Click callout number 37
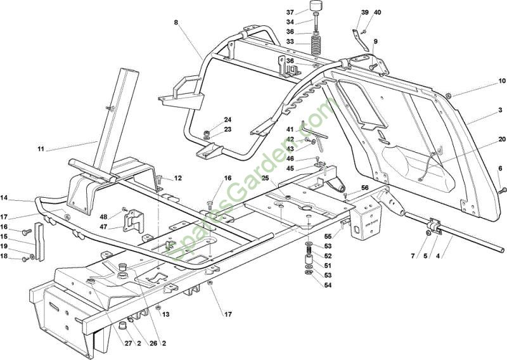pyautogui.click(x=290, y=13)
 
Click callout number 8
pyautogui.click(x=176, y=22)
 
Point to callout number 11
pyautogui.click(x=41, y=150)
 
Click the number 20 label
pyautogui.click(x=501, y=139)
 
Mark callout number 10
pyautogui.click(x=501, y=81)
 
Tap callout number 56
pyautogui.click(x=364, y=188)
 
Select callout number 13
pyautogui.click(x=166, y=314)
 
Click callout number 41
pyautogui.click(x=289, y=129)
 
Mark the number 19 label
pyautogui.click(x=4, y=245)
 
